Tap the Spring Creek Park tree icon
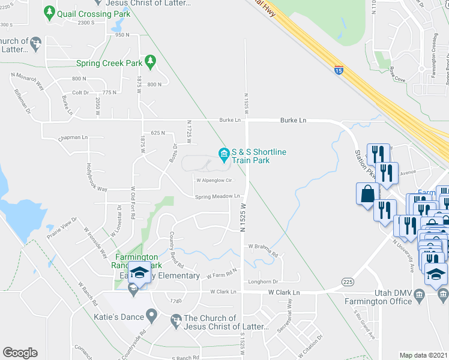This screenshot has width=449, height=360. [150, 62]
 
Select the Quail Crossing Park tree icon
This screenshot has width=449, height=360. [49, 11]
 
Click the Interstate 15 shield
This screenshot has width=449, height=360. [339, 70]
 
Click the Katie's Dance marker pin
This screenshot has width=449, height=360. [152, 314]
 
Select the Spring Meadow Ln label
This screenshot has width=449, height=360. [217, 196]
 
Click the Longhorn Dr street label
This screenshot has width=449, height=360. [264, 281]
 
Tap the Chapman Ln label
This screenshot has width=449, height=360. [73, 137]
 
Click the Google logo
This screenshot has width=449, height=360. [20, 353]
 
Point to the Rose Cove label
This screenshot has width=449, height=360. [397, 74]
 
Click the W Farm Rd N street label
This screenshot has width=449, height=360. [223, 274]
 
